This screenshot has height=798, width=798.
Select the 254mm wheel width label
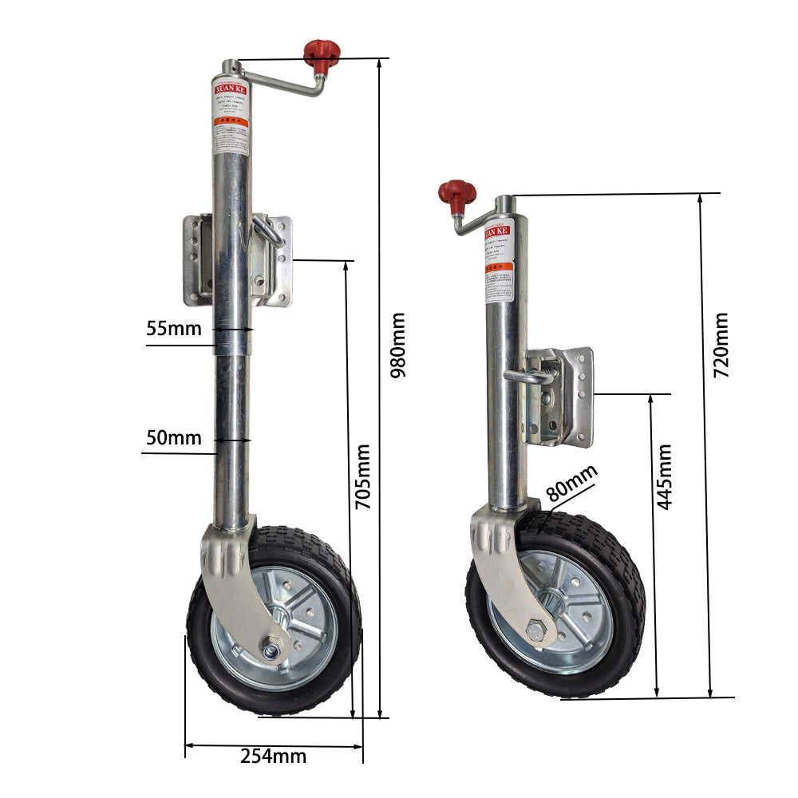pos(273,756)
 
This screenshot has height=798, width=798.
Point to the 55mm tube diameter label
pos(174,328)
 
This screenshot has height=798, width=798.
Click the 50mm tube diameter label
pos(174,437)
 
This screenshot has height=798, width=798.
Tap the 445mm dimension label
pos(664,476)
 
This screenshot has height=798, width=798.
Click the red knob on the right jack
pos(457,194)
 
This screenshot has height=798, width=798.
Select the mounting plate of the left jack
pos(238,260)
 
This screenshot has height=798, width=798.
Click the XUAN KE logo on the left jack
pos(230,89)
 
